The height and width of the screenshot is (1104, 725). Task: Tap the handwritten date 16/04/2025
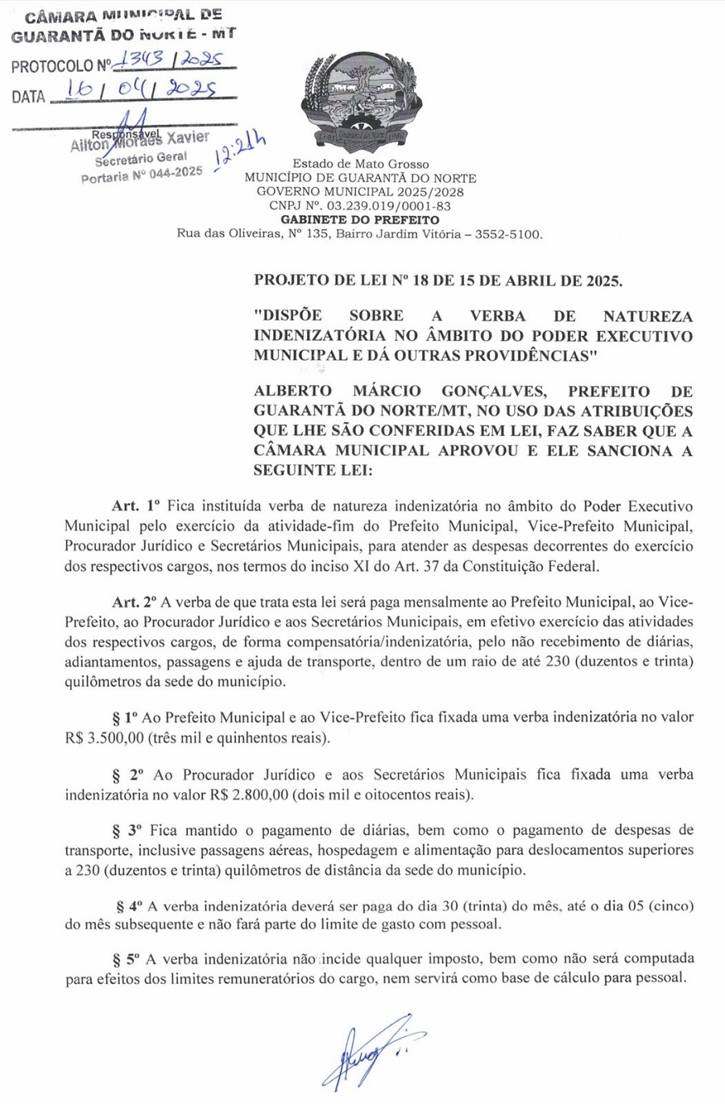pos(141,91)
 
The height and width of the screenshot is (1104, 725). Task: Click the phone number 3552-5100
pos(510,234)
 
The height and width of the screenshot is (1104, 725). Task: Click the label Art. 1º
pos(136,507)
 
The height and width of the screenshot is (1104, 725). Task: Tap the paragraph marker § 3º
pos(126,830)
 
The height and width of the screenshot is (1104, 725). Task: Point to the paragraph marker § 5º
pos(126,959)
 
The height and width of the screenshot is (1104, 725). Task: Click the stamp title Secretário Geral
pos(141,158)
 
